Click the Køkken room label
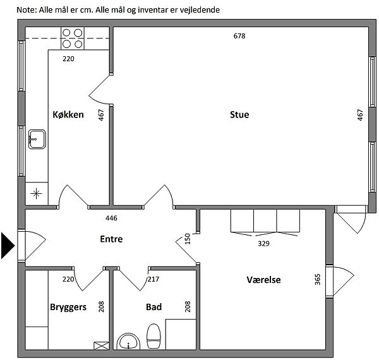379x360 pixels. click(x=68, y=115)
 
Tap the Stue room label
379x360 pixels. click(x=239, y=115)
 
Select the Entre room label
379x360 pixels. click(x=111, y=239)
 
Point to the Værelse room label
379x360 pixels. click(x=263, y=280)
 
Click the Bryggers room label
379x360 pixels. click(x=68, y=307)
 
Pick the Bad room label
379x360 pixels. click(x=153, y=307)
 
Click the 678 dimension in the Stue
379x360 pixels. click(x=239, y=36)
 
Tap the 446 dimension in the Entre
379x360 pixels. click(x=111, y=219)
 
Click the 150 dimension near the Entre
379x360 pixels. click(x=188, y=239)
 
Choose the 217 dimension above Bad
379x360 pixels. click(x=152, y=279)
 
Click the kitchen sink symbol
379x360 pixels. click(x=36, y=138)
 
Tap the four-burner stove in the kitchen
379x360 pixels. click(x=73, y=38)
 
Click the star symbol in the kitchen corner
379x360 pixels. click(x=36, y=194)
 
